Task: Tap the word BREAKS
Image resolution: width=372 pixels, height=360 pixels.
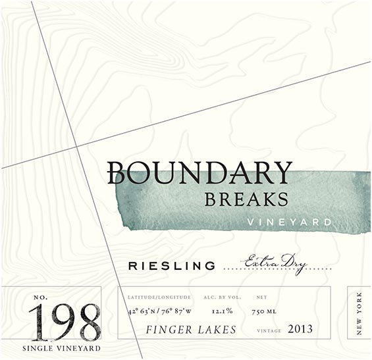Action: point(246,198)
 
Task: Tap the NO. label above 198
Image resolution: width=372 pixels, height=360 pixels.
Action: point(41,299)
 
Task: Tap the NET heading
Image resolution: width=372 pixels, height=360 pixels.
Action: point(261,297)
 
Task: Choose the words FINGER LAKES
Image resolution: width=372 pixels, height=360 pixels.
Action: point(191,328)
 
